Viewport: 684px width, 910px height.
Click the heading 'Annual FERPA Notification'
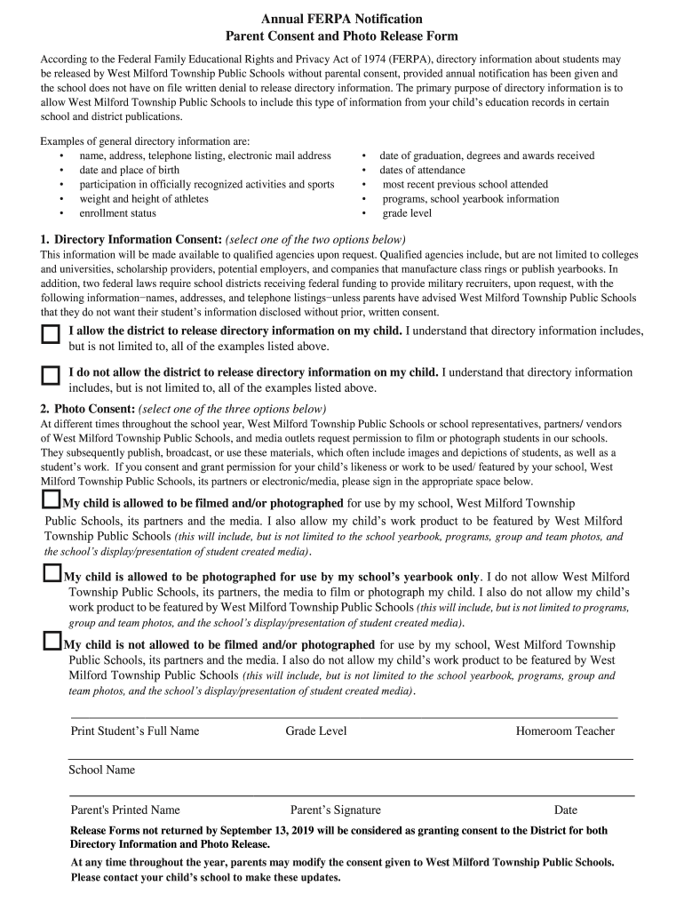341,19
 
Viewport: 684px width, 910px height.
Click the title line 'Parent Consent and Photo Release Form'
341,36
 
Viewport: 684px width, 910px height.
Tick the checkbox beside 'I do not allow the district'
51,375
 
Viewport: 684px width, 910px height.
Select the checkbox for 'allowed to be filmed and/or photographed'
52,500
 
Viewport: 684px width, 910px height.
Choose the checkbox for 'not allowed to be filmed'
52,642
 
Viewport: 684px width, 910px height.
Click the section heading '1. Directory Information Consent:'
131,241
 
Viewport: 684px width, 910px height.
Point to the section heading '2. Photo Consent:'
87,409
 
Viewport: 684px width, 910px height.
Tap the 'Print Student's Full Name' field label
135,731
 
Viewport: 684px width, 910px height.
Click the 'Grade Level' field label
316,731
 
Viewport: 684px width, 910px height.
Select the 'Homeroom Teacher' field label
565,731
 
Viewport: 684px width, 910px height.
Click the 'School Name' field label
102,770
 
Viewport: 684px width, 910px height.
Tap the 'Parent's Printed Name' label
125,810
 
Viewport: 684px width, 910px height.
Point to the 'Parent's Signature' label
336,810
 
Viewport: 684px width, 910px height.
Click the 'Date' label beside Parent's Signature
566,810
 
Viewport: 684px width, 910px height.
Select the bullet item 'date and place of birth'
129,170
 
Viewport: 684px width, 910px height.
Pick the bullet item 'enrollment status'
117,213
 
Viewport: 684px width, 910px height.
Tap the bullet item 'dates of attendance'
422,170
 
